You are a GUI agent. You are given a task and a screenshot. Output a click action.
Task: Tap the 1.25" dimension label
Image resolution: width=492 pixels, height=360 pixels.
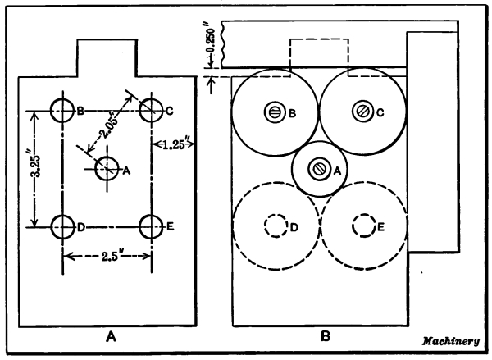175,144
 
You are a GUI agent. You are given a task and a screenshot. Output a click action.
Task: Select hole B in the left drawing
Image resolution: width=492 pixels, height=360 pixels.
62,108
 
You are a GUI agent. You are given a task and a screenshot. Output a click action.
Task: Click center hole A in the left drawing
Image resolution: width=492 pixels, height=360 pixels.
107,168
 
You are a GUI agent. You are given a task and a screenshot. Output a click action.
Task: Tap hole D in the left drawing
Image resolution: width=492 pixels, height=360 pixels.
62,226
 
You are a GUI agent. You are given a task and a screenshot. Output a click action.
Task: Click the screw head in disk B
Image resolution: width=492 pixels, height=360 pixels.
272,112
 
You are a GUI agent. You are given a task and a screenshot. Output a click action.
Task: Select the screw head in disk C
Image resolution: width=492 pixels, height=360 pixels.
361,111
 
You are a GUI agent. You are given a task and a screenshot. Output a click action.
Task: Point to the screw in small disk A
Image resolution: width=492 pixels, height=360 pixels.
317,168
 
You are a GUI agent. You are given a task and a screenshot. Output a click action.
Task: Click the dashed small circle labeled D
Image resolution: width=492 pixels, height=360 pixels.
272,226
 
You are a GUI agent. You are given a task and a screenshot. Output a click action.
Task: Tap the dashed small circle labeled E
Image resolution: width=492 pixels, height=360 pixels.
361,224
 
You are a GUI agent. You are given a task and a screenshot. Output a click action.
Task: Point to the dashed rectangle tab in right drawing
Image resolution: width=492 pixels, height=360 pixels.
321,56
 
